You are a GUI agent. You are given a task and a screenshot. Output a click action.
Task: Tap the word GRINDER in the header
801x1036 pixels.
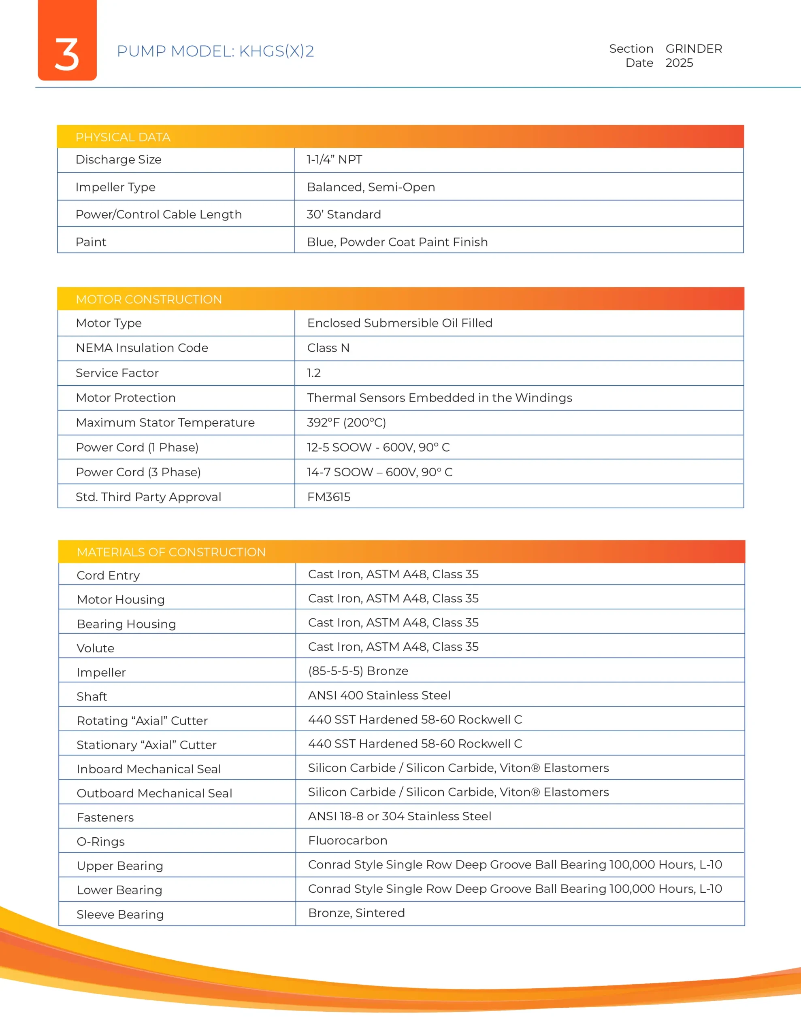tap(693, 49)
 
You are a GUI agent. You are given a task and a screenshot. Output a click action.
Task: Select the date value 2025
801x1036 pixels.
tap(679, 63)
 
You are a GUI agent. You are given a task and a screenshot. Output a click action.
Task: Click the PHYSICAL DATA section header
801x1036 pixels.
tap(123, 137)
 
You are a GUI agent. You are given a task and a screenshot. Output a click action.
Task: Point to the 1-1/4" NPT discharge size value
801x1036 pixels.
tap(334, 160)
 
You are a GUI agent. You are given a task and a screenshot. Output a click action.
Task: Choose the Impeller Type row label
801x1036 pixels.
tap(115, 187)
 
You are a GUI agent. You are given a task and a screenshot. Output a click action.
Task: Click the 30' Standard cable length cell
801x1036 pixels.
tap(344, 214)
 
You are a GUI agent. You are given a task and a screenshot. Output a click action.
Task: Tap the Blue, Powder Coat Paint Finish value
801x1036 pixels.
tap(397, 242)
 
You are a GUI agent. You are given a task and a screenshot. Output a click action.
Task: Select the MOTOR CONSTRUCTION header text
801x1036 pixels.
tap(149, 299)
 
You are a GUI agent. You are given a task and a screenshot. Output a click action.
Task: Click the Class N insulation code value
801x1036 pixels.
tap(328, 348)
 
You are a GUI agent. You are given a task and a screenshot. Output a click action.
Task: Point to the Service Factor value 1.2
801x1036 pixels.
tap(313, 373)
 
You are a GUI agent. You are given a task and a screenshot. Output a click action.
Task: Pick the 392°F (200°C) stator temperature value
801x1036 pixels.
tap(346, 422)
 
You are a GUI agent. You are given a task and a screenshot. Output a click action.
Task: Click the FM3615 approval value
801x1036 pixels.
tap(328, 497)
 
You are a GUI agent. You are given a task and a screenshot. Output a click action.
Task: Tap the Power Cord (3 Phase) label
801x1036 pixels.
tap(138, 472)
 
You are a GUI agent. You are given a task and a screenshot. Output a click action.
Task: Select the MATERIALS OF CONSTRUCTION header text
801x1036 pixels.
tap(171, 552)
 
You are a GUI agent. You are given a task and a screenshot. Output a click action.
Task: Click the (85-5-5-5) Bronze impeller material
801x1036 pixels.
tap(358, 671)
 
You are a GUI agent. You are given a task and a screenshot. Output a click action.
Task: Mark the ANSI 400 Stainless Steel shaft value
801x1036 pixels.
tap(379, 695)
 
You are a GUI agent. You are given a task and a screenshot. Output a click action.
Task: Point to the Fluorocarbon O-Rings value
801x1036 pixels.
tap(347, 841)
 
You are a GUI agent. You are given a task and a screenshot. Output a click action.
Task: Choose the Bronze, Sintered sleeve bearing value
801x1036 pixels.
tap(356, 913)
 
